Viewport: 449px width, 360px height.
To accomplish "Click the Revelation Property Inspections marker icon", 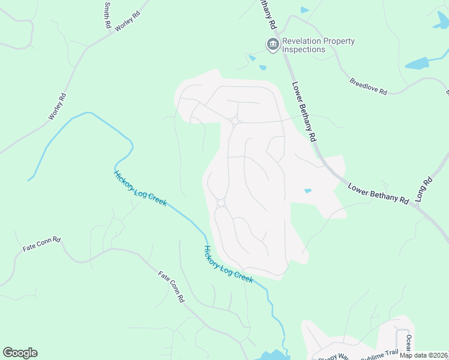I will [x=273, y=45].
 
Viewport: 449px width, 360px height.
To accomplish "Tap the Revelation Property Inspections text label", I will [x=318, y=46].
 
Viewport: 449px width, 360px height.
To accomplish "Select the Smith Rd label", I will [x=107, y=15].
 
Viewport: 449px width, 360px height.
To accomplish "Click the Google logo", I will [x=20, y=353].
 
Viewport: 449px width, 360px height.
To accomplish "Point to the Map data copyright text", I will [x=423, y=355].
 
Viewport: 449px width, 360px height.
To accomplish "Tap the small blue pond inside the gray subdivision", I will [x=308, y=191].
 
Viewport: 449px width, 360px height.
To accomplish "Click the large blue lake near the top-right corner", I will [x=417, y=64].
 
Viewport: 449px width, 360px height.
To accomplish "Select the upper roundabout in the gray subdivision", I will [x=235, y=121].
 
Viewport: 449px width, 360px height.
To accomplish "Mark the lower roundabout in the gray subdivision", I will [x=221, y=203].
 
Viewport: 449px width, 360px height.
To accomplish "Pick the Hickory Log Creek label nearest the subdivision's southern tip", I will [x=228, y=263].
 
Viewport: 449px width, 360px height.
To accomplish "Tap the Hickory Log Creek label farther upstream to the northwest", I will [x=140, y=188].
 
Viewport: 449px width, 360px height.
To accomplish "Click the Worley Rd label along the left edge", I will [x=56, y=106].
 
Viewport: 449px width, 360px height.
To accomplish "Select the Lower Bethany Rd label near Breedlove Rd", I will [x=304, y=111].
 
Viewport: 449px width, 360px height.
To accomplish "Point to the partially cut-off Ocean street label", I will [x=408, y=344].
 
